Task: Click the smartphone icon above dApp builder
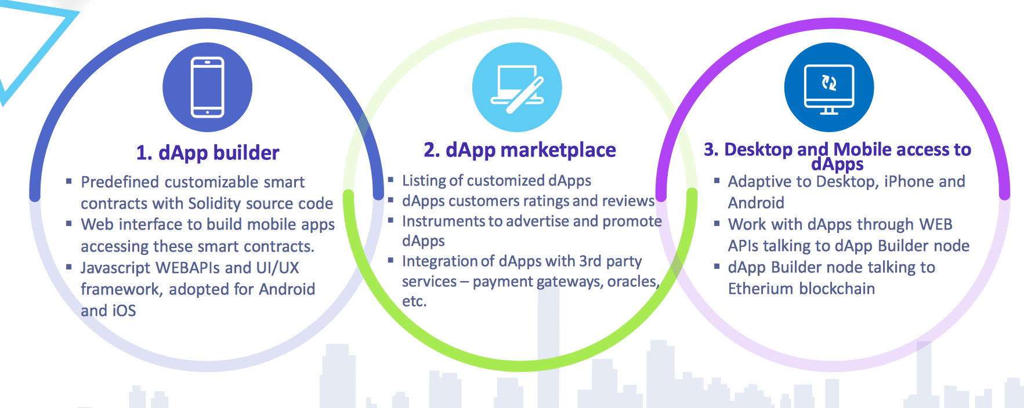(207, 87)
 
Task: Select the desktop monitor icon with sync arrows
(829, 89)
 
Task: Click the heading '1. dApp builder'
(208, 153)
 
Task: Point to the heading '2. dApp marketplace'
(520, 150)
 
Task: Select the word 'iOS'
(124, 311)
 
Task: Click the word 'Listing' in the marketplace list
(424, 181)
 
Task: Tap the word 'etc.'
(414, 301)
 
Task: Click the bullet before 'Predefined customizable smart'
(68, 181)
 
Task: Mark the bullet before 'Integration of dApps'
(390, 260)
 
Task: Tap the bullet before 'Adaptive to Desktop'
(717, 180)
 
